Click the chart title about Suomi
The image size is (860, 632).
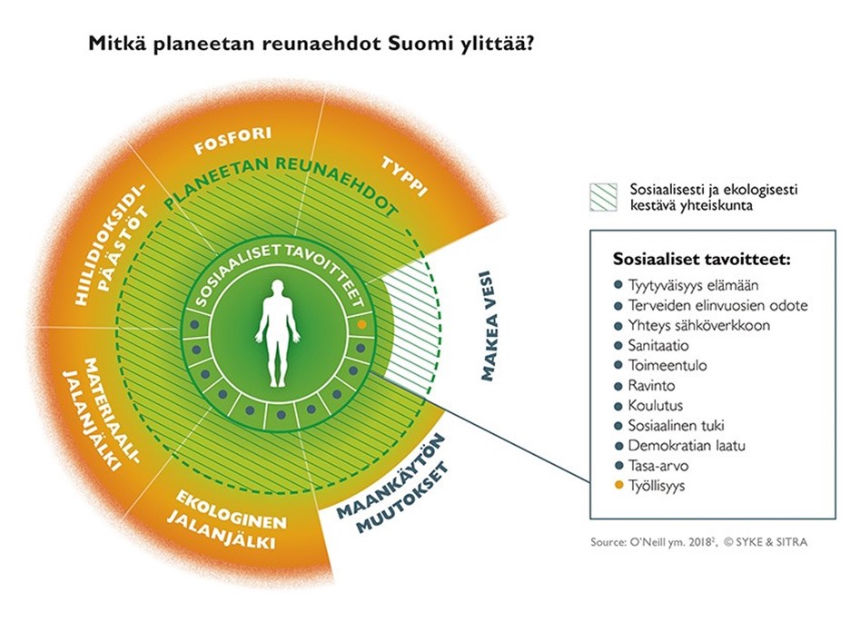(310, 43)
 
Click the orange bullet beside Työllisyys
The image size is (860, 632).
(618, 487)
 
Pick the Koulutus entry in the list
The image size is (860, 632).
(655, 406)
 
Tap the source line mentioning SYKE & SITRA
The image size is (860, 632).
(698, 542)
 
